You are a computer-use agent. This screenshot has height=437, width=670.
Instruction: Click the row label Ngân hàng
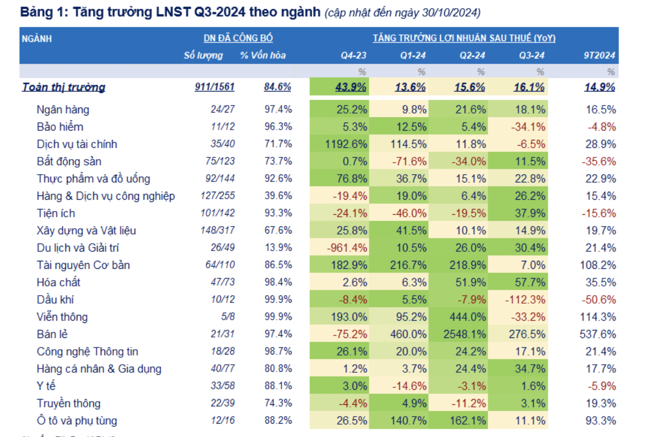pyautogui.click(x=63, y=110)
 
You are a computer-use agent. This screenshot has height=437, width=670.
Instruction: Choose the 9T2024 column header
pyautogui.click(x=599, y=56)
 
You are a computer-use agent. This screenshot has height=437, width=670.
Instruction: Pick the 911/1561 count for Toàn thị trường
pyautogui.click(x=214, y=87)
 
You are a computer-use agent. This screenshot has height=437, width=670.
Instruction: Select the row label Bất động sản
pyautogui.click(x=69, y=162)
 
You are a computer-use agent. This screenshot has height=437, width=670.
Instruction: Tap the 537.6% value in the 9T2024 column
pyautogui.click(x=599, y=334)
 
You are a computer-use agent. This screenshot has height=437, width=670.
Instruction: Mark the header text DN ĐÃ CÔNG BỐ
pyautogui.click(x=238, y=38)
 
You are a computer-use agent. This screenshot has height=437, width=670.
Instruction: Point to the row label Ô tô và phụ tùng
pyautogui.click(x=77, y=421)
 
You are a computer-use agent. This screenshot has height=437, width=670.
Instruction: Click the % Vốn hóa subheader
pyautogui.click(x=263, y=56)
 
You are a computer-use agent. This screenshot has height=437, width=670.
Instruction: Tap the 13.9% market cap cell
pyautogui.click(x=278, y=248)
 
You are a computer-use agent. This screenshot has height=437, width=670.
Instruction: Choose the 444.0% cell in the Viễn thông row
pyautogui.click(x=468, y=317)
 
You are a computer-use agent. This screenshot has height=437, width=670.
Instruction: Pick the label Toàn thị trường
pyautogui.click(x=63, y=87)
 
